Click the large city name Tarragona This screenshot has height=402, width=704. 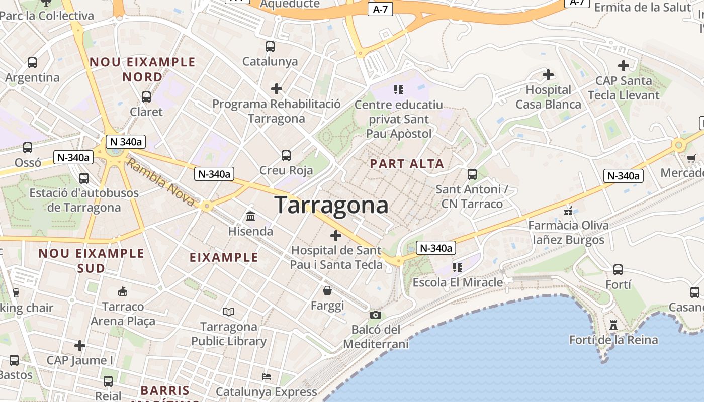click(x=331, y=205)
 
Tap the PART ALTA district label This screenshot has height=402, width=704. click(x=407, y=163)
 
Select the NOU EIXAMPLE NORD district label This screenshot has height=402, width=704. click(x=142, y=69)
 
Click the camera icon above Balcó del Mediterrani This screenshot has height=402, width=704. click(x=375, y=315)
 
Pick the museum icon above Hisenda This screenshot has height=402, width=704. click(x=250, y=216)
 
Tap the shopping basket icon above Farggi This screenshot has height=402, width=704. click(x=327, y=290)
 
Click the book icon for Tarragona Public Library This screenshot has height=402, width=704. click(x=229, y=312)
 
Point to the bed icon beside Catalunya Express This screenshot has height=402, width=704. click(x=267, y=376)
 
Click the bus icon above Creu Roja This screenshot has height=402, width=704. click(x=286, y=155)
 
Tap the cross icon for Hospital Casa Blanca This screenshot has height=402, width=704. click(x=548, y=75)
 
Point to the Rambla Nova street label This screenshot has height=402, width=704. click(x=160, y=182)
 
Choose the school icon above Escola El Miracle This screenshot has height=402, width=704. click(x=457, y=267)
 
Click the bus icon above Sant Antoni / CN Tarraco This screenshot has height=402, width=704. click(x=472, y=174)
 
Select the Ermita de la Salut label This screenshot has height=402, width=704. click(x=643, y=7)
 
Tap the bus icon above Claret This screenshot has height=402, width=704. click(x=146, y=96)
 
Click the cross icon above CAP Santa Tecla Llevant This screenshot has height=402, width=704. click(x=624, y=65)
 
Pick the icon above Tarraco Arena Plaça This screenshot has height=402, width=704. click(x=122, y=291)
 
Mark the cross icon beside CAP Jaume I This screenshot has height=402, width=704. click(x=79, y=346)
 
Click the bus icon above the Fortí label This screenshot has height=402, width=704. click(x=618, y=270)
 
